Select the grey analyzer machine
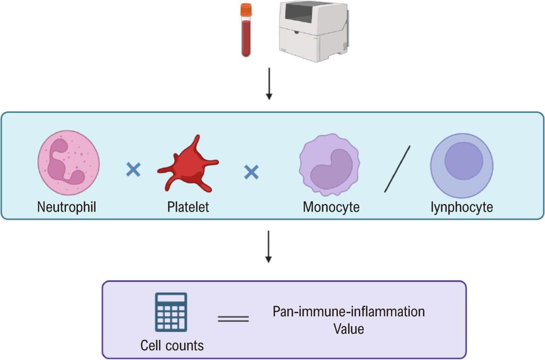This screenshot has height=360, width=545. pyautogui.click(x=313, y=29)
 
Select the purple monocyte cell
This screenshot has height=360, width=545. pyautogui.click(x=329, y=165)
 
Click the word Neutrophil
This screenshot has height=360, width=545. pyautogui.click(x=67, y=207)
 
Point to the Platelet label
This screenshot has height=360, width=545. pyautogui.click(x=187, y=207)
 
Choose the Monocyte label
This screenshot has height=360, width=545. pyautogui.click(x=331, y=207)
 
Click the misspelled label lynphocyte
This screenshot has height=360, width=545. pyautogui.click(x=461, y=207)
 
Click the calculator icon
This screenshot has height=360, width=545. pyautogui.click(x=171, y=312)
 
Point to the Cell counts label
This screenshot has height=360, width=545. pyautogui.click(x=172, y=345)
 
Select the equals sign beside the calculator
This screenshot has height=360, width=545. pyautogui.click(x=233, y=319)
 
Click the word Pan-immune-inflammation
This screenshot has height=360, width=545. pyautogui.click(x=349, y=312)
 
